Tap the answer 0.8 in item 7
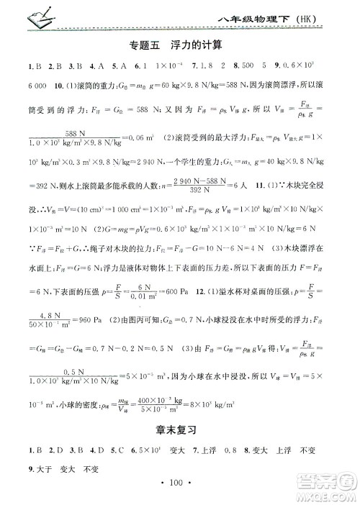pyautogui.click(x=251, y=452)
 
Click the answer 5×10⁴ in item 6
pyautogui.click(x=152, y=452)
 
